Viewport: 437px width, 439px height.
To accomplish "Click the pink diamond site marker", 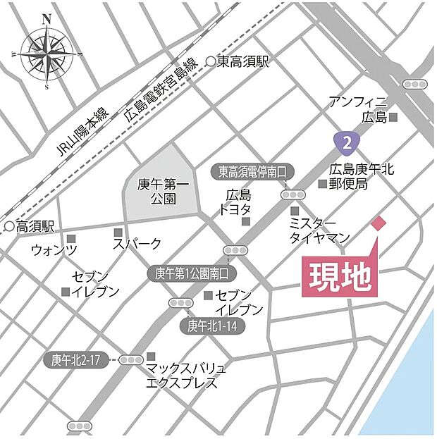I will pyautogui.click(x=378, y=223).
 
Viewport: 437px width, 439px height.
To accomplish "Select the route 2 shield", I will pyautogui.click(x=345, y=144).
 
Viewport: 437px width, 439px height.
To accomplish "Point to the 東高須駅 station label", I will pyautogui.click(x=243, y=62).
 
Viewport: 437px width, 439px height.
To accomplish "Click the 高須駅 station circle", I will pyautogui.click(x=9, y=227).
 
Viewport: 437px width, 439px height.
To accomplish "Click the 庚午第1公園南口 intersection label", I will pyautogui.click(x=192, y=273).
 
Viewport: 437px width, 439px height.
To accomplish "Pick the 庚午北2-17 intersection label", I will pyautogui.click(x=78, y=359).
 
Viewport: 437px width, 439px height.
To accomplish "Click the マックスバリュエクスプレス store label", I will pyautogui.click(x=185, y=376).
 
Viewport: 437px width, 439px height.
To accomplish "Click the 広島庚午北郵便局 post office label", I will pyautogui.click(x=360, y=176).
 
